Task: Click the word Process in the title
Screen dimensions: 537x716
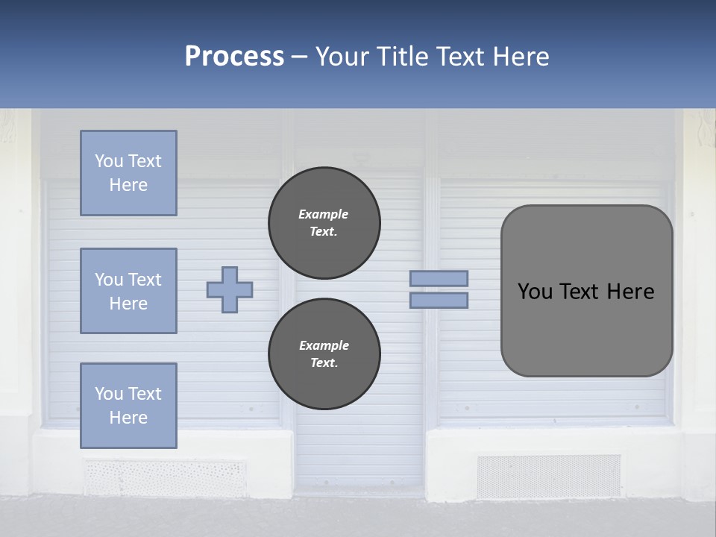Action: click(234, 57)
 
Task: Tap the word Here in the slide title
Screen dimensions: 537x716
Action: click(520, 57)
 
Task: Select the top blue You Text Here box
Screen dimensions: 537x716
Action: click(128, 173)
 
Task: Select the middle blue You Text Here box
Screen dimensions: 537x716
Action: click(128, 291)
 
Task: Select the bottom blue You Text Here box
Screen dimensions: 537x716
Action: click(128, 405)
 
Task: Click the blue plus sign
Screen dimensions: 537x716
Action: click(230, 289)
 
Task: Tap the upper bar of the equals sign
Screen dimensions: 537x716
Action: click(439, 278)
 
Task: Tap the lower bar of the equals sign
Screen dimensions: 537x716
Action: click(439, 300)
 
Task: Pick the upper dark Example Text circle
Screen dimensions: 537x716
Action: click(324, 223)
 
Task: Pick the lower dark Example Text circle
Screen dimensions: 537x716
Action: click(324, 354)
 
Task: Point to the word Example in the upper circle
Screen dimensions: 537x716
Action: click(323, 214)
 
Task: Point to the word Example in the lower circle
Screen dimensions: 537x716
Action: click(324, 345)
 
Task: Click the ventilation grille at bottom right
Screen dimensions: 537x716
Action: click(548, 476)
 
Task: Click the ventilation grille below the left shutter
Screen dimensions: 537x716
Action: click(164, 477)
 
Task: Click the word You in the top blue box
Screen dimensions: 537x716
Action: click(108, 161)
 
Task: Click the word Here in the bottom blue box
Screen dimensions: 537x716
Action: click(128, 418)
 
